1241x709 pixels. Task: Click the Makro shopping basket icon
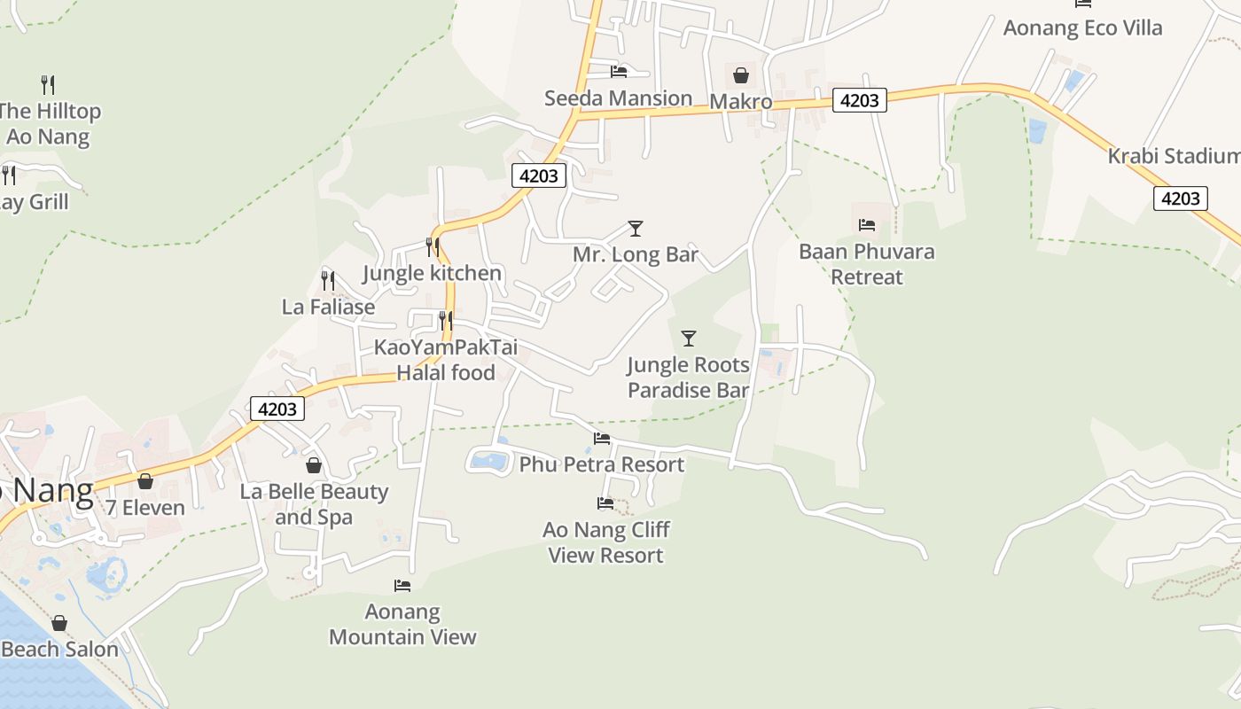pyautogui.click(x=741, y=75)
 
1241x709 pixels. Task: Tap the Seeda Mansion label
pyautogui.click(x=618, y=98)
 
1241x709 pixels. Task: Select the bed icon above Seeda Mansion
pyautogui.click(x=619, y=71)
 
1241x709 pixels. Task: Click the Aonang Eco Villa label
pyautogui.click(x=1082, y=27)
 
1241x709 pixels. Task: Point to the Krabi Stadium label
pyautogui.click(x=1174, y=156)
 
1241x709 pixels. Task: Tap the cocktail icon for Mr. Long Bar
pyautogui.click(x=635, y=229)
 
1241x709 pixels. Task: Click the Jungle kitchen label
pyautogui.click(x=433, y=273)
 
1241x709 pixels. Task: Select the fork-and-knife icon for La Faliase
pyautogui.click(x=328, y=281)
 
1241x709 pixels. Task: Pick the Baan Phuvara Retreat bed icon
pyautogui.click(x=867, y=225)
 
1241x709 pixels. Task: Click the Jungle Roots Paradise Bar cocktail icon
pyautogui.click(x=688, y=339)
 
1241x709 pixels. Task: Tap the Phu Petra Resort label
pyautogui.click(x=602, y=464)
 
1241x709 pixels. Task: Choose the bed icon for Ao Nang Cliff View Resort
pyautogui.click(x=605, y=503)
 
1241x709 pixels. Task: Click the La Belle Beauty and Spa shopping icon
pyautogui.click(x=314, y=465)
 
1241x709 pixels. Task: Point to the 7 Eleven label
pyautogui.click(x=145, y=508)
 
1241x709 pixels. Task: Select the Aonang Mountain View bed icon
pyautogui.click(x=402, y=586)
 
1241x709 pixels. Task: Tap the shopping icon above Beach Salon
pyautogui.click(x=59, y=623)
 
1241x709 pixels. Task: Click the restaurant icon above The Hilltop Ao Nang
pyautogui.click(x=48, y=85)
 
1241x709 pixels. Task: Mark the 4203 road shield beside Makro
pyautogui.click(x=859, y=100)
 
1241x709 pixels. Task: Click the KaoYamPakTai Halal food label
pyautogui.click(x=446, y=360)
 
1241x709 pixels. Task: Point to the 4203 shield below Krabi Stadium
pyautogui.click(x=1180, y=198)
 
